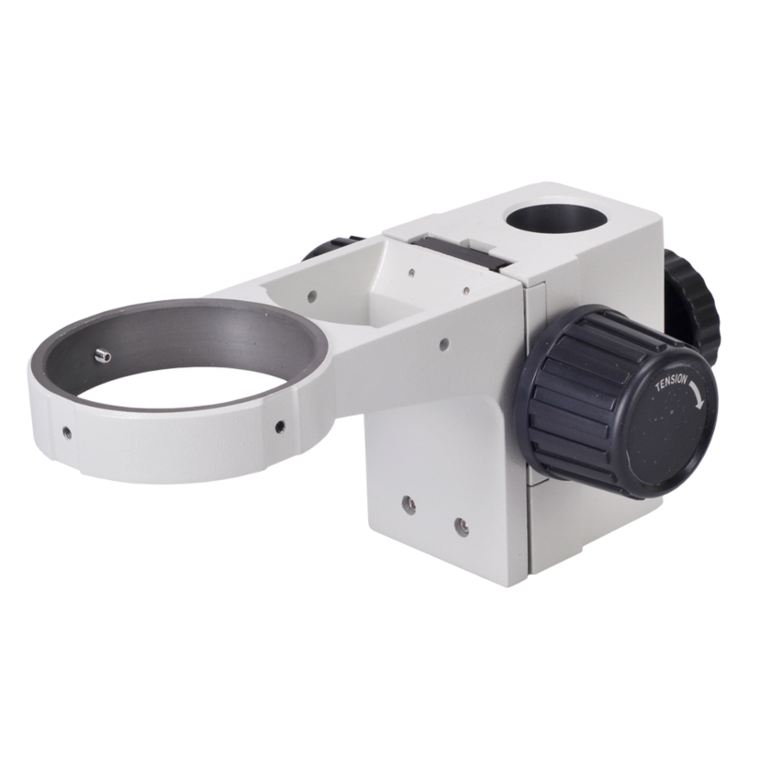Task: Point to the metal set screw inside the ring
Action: point(102,353)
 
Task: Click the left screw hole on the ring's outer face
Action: point(66,430)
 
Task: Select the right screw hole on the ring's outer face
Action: point(276,427)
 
